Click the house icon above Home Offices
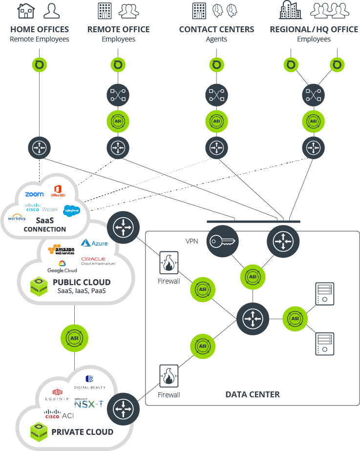(x=26, y=11)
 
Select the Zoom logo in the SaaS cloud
(x=34, y=194)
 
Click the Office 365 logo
(x=58, y=191)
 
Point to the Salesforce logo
(x=71, y=210)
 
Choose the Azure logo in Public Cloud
(x=94, y=243)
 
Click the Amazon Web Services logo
(x=62, y=250)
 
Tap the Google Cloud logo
(x=62, y=267)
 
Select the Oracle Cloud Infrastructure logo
(x=98, y=261)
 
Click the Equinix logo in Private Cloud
(x=57, y=395)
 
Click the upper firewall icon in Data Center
(x=169, y=264)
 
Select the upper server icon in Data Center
(x=324, y=293)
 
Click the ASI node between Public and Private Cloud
(x=74, y=337)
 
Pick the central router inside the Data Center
(x=253, y=319)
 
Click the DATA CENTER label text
(x=253, y=394)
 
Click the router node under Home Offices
(x=39, y=147)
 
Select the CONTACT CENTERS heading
(x=216, y=29)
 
